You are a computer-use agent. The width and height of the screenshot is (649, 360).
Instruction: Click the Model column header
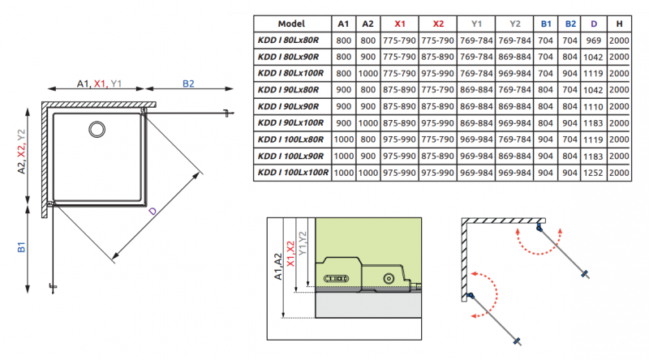290,24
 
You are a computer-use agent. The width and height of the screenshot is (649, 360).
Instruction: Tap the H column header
620,24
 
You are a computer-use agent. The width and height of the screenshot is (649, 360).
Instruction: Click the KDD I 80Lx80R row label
290,40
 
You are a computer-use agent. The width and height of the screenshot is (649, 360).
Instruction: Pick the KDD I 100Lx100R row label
292,172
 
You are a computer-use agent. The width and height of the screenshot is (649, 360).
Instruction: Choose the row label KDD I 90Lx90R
290,106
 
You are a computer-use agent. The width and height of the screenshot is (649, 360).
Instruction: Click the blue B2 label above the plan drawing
188,83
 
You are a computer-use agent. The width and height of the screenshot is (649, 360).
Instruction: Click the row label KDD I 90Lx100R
290,122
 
